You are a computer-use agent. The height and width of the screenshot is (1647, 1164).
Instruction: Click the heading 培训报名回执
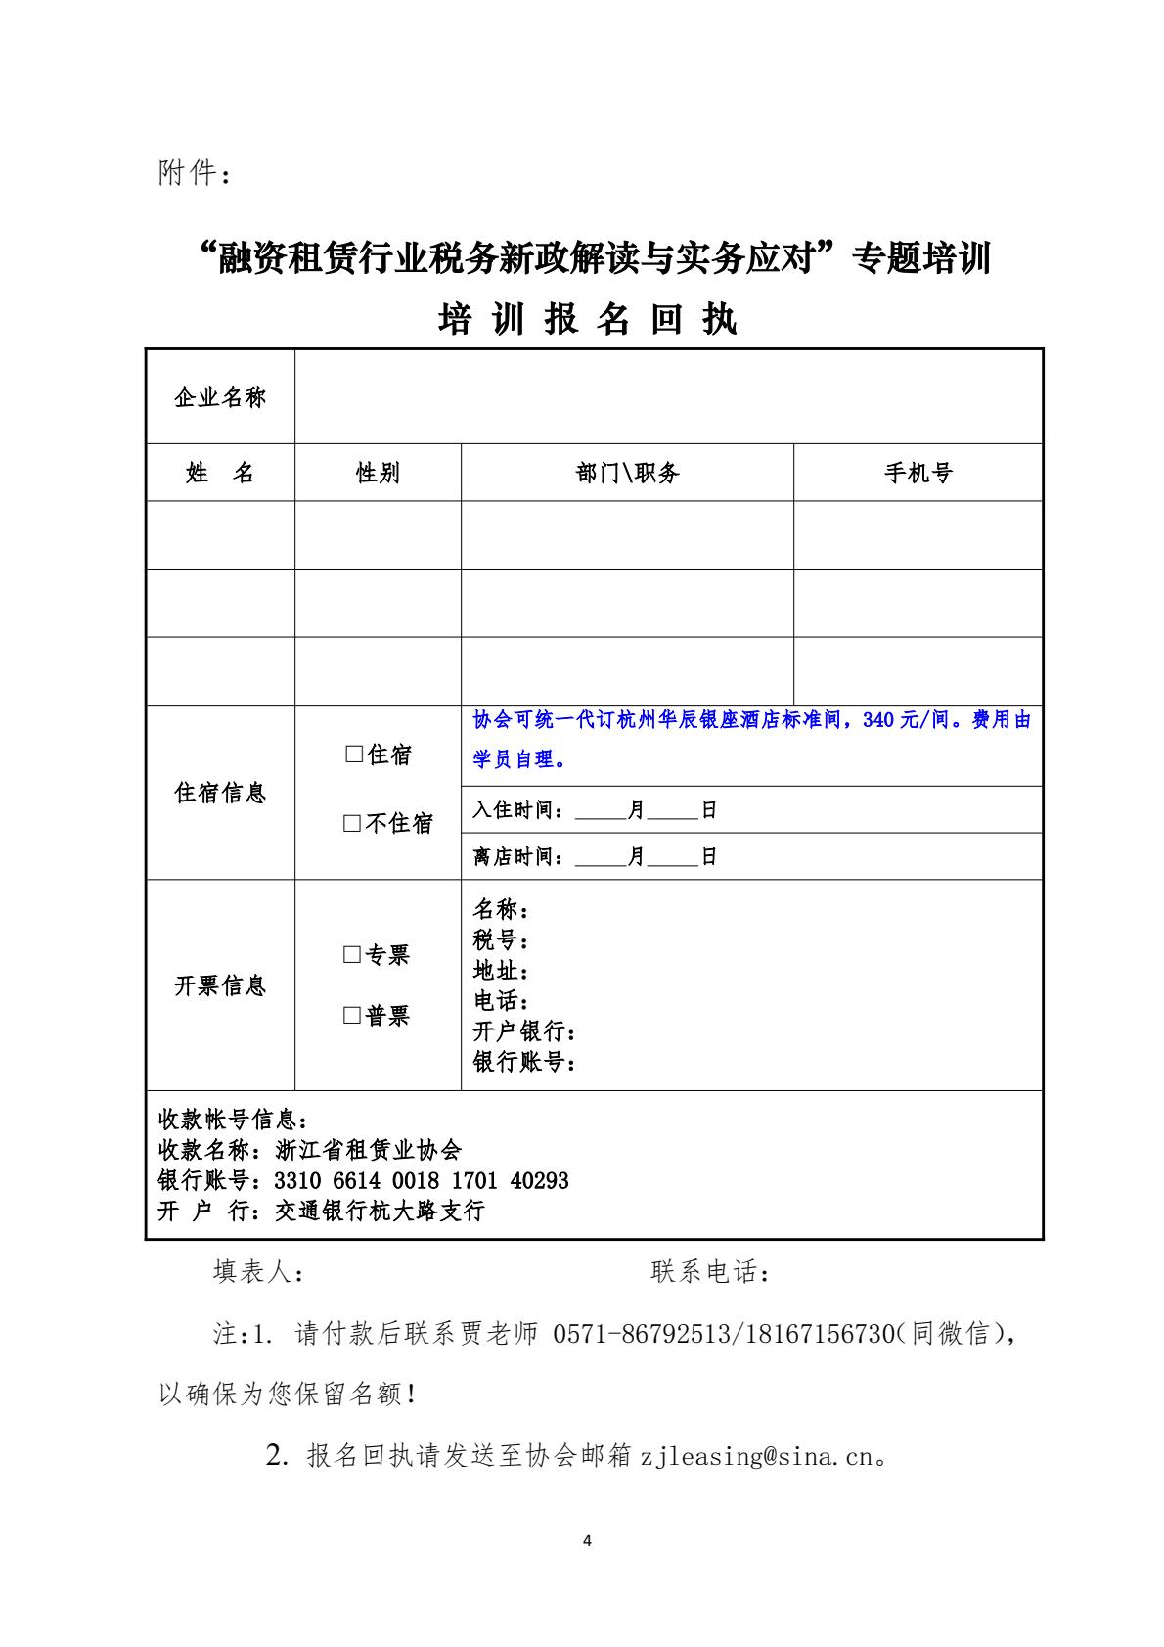point(587,320)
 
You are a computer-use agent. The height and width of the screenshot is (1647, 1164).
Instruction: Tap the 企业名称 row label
point(220,397)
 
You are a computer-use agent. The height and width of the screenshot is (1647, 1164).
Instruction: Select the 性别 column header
point(378,474)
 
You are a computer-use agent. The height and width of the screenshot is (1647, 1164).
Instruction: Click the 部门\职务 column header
point(627,474)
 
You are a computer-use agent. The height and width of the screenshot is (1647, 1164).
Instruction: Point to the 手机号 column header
point(918,474)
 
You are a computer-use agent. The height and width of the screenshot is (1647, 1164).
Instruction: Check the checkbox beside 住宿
point(353,755)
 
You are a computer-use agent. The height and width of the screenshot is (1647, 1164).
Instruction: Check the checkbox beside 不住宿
point(352,824)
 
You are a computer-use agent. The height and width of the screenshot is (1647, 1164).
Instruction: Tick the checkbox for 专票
point(352,955)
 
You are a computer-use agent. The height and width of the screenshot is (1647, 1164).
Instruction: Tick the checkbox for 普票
point(352,1016)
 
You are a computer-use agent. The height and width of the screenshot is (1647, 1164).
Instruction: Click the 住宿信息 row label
point(220,793)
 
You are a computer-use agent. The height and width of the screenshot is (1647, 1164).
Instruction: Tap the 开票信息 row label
point(220,985)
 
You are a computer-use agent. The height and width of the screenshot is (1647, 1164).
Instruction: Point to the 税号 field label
point(499,941)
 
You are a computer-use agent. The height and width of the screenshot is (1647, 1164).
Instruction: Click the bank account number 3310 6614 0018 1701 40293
point(422,1181)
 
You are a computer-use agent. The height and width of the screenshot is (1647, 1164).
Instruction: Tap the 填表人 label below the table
point(258,1272)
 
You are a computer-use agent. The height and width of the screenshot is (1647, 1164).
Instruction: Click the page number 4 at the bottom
point(587,1541)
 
